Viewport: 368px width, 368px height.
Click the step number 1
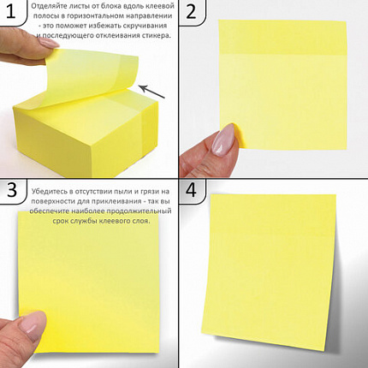10,11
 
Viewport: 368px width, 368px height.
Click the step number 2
191,11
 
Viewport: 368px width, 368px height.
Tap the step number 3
12,189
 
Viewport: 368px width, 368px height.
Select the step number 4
191,189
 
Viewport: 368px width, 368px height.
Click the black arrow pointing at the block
153,92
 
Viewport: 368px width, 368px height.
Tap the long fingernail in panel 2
224,139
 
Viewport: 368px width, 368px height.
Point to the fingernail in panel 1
49,43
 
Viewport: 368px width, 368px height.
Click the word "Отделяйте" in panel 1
46,6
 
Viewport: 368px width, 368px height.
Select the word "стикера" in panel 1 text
157,36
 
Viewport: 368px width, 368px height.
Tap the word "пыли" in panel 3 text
122,191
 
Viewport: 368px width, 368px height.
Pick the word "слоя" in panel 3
141,221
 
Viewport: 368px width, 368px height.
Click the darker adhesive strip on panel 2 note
282,38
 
